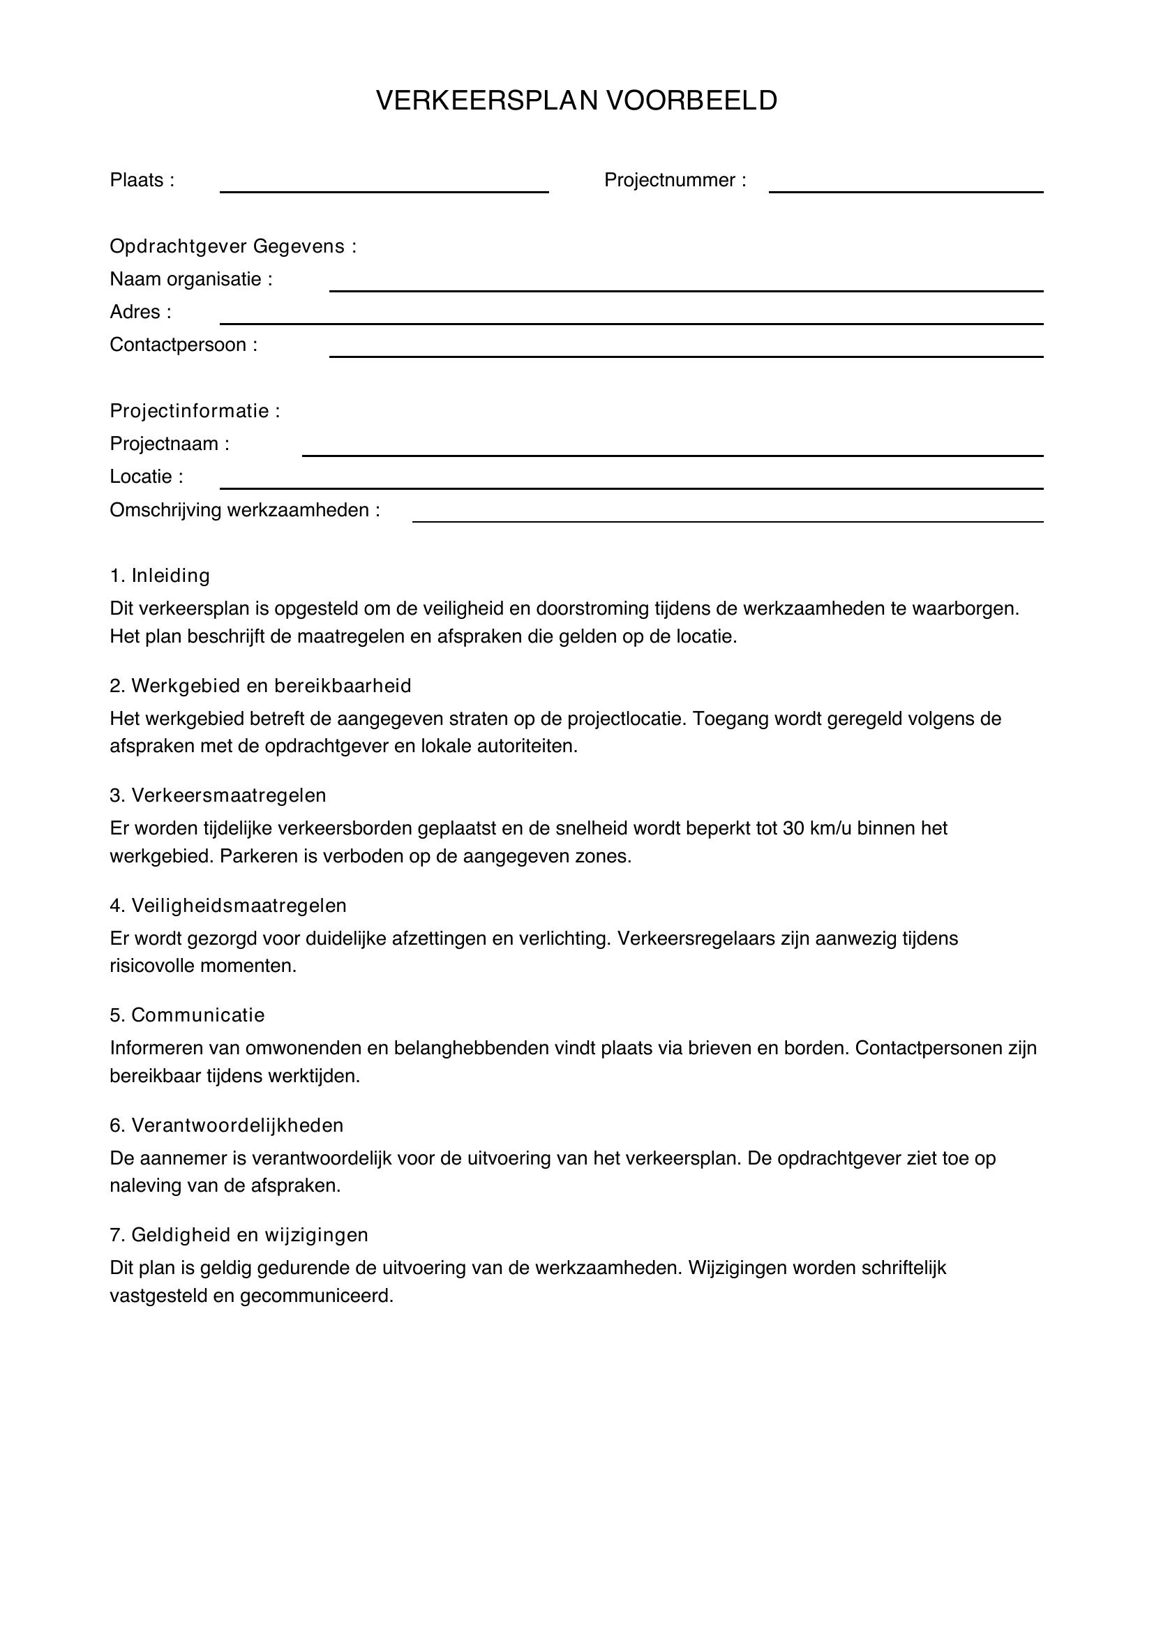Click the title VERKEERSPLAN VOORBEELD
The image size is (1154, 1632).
pos(576,101)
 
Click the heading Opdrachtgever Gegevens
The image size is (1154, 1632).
pos(232,246)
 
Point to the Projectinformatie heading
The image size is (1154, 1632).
pos(195,411)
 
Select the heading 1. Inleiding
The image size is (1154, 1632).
pos(160,576)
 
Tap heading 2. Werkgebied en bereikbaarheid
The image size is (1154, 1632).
pos(260,686)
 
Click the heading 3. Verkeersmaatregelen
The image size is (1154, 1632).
pos(218,795)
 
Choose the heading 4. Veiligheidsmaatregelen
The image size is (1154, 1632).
pos(227,906)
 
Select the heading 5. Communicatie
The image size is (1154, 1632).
pos(187,1015)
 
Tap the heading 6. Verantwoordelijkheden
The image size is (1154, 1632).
pos(226,1125)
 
